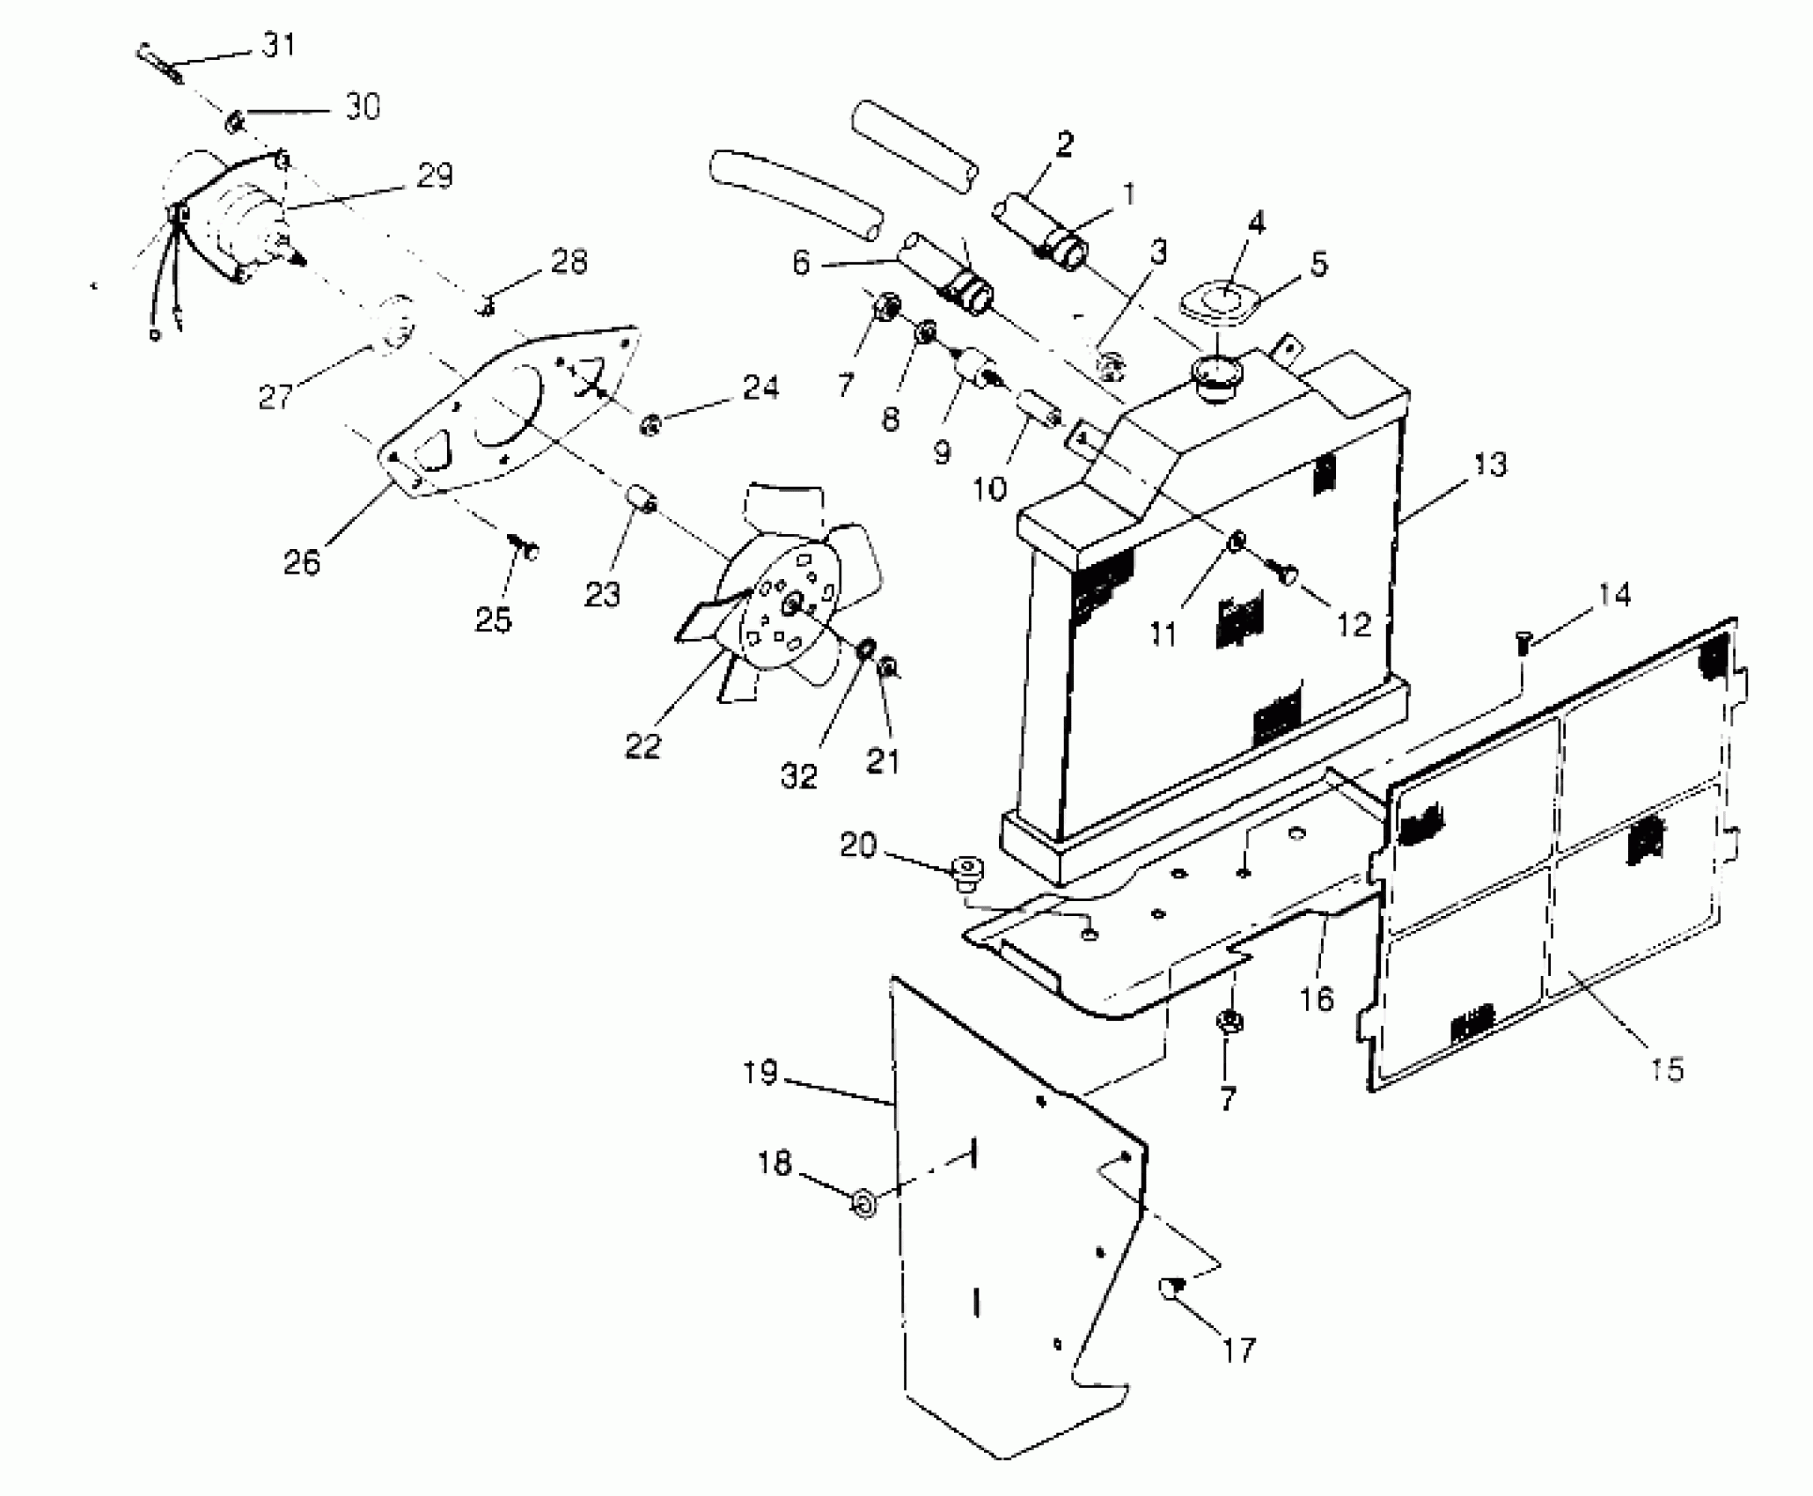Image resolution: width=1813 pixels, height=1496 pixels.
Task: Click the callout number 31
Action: point(280,44)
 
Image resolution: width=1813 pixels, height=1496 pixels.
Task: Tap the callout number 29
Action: point(434,176)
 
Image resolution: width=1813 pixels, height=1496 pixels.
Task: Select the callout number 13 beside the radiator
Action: point(1489,464)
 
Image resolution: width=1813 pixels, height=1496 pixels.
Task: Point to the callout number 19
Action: point(760,1073)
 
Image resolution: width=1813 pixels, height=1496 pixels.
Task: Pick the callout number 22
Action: point(642,746)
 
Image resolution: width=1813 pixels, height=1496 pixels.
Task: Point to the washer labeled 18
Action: point(864,1202)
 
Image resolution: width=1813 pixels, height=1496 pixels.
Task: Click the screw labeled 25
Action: point(526,550)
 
